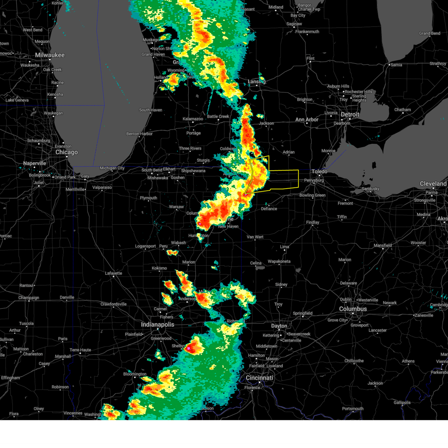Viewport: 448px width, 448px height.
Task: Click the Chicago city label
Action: coord(66,152)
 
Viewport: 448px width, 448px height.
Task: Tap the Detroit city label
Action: coord(350,115)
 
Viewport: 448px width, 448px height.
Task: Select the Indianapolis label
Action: coord(158,324)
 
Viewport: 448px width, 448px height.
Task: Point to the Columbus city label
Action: coord(353,309)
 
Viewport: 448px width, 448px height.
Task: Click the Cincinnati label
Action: coord(259,378)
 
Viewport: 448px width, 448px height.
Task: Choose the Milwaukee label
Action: coord(50,55)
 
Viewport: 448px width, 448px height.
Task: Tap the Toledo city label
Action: coord(319,171)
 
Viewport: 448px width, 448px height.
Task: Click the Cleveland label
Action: coord(433,184)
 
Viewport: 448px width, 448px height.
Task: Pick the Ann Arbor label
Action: coord(307,119)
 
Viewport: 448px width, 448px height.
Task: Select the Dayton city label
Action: coord(279,326)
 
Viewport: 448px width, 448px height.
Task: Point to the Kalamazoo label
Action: coord(193,119)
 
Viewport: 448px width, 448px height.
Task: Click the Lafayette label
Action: coord(113,273)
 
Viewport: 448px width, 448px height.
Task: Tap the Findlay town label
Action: coord(312,223)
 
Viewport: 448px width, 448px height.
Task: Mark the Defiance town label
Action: coord(269,209)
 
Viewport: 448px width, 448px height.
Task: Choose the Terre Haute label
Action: coord(80,350)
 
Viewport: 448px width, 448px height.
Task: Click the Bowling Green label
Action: coord(312,195)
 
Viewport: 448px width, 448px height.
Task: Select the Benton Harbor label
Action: coord(139,134)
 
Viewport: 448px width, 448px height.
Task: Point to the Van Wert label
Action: coord(255,237)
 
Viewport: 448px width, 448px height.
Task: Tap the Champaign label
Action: coord(29,298)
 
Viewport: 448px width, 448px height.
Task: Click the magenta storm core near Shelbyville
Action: coord(189,348)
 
